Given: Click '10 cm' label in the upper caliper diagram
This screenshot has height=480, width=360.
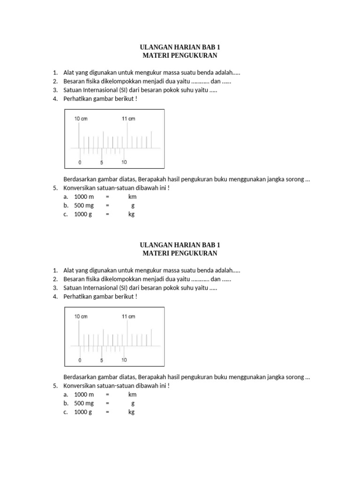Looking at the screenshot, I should click(81, 119).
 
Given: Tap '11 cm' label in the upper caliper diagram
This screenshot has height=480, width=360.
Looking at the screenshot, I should click(128, 119).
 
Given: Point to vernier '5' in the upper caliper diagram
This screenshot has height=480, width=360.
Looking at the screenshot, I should click(101, 163).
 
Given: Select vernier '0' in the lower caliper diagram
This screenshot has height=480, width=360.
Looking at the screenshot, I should click(80, 360).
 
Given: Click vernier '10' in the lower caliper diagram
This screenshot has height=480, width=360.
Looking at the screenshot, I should click(124, 360).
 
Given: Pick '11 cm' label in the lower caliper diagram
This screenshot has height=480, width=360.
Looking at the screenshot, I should click(128, 316).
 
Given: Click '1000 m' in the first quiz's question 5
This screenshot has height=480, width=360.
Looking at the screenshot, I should click(84, 197).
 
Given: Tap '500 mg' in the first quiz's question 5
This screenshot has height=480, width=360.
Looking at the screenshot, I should click(84, 205).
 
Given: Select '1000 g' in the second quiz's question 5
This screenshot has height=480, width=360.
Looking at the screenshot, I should click(83, 412).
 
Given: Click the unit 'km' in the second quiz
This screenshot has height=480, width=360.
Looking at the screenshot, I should click(132, 395).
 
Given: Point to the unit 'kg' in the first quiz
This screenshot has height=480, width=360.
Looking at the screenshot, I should click(131, 214).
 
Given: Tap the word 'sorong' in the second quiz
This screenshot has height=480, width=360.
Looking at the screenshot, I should click(294, 377).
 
